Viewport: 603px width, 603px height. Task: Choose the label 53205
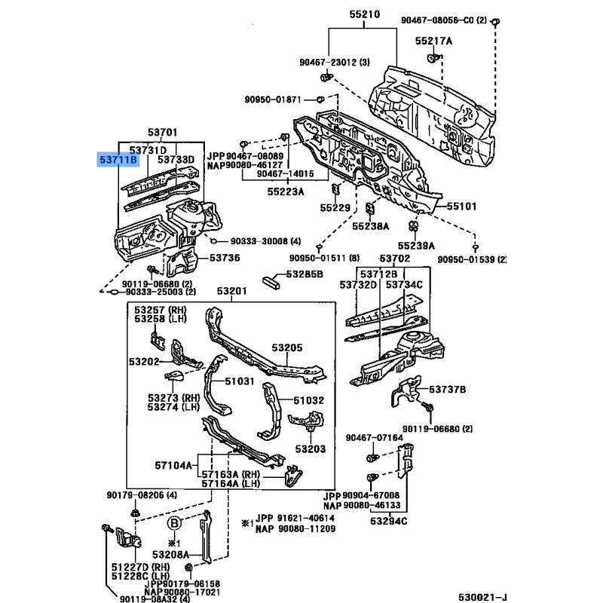point(286,347)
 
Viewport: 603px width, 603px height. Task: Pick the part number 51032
point(308,400)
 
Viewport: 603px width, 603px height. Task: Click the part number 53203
point(310,448)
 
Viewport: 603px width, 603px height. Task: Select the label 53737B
point(448,389)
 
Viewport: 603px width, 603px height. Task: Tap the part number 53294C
point(388,521)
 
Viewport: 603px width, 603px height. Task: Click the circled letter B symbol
point(173,524)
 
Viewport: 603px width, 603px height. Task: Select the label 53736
point(224,258)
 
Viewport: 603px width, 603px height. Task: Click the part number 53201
point(231,291)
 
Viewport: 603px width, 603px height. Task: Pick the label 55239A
point(417,245)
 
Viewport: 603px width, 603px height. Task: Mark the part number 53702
point(395,259)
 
